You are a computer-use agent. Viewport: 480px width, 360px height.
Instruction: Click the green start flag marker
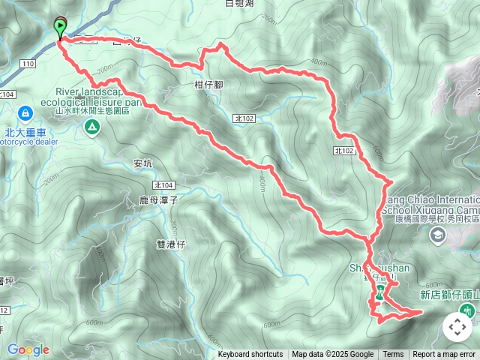coord(60,28)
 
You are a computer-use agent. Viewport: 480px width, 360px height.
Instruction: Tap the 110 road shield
coord(28,64)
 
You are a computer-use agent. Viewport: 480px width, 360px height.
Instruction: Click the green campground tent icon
coord(91,128)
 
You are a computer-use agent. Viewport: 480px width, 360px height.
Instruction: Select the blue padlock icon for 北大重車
coord(25,113)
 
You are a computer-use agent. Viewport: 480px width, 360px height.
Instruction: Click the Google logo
coord(28,349)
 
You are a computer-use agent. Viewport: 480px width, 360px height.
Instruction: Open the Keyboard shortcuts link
coord(250,355)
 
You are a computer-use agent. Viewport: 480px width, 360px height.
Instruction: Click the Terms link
coord(393,355)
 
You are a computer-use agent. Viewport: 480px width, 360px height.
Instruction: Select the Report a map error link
coord(444,355)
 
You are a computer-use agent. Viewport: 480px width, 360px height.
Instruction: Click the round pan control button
coord(457,327)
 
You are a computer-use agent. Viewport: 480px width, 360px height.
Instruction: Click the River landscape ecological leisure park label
coord(97,96)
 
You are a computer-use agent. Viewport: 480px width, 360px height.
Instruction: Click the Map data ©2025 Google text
coord(333,355)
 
